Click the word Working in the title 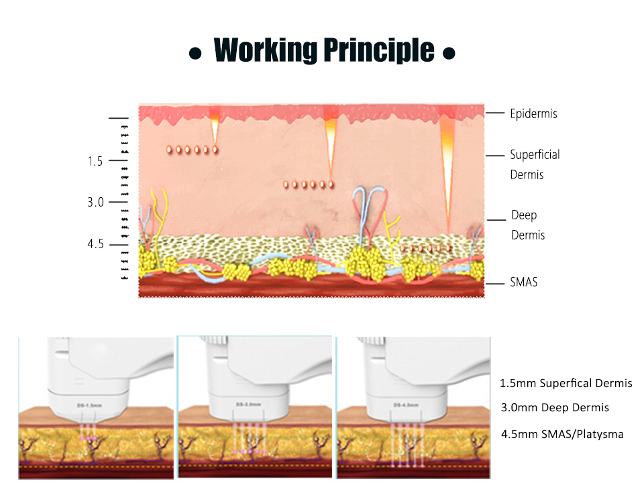(266, 50)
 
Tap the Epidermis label (533, 114)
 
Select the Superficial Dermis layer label (535, 164)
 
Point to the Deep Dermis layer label (528, 225)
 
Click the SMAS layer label (524, 282)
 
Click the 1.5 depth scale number (95, 161)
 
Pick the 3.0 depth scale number (95, 202)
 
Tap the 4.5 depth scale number (95, 243)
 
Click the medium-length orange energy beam (330, 141)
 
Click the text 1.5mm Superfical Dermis (566, 384)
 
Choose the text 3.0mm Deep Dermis (555, 407)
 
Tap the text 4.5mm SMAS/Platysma (562, 434)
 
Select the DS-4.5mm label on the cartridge (406, 404)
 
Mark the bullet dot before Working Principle (195, 52)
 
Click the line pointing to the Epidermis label (495, 113)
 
